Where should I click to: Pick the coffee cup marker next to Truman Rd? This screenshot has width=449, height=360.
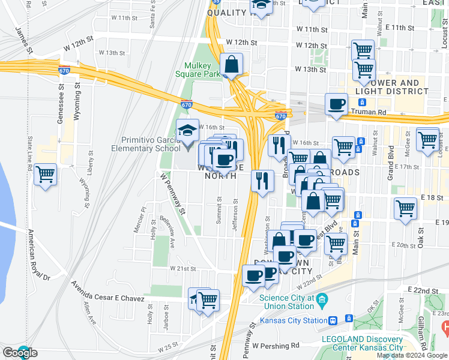click(x=336, y=104)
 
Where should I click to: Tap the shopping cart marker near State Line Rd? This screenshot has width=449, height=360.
click(x=46, y=175)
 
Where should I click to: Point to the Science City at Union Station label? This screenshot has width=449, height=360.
click(x=286, y=302)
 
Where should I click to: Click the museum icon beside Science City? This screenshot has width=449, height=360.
click(x=322, y=298)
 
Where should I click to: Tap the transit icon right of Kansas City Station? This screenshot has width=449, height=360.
click(x=334, y=320)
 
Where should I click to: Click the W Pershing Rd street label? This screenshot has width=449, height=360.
click(x=276, y=346)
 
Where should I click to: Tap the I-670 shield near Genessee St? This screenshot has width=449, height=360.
click(x=64, y=70)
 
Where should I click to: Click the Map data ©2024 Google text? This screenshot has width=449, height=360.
click(x=412, y=355)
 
